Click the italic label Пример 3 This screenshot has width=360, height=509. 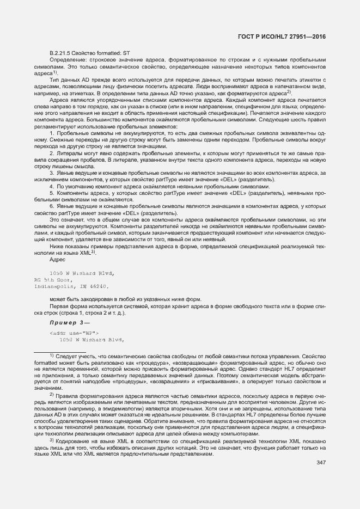coord(64,322)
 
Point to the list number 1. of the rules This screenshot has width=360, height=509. coord(52,133)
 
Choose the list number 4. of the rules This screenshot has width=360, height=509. coord(52,186)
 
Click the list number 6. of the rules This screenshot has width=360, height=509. coord(52,206)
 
